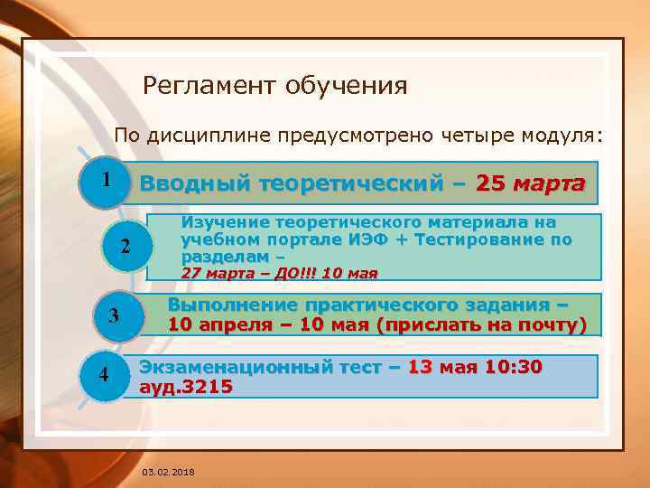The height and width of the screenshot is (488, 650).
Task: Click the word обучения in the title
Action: (346, 86)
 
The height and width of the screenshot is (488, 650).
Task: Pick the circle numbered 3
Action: (114, 315)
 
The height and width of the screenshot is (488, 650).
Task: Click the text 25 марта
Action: (530, 183)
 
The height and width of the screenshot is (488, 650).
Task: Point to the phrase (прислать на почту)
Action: (484, 324)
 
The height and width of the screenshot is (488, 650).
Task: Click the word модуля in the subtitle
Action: (559, 136)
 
